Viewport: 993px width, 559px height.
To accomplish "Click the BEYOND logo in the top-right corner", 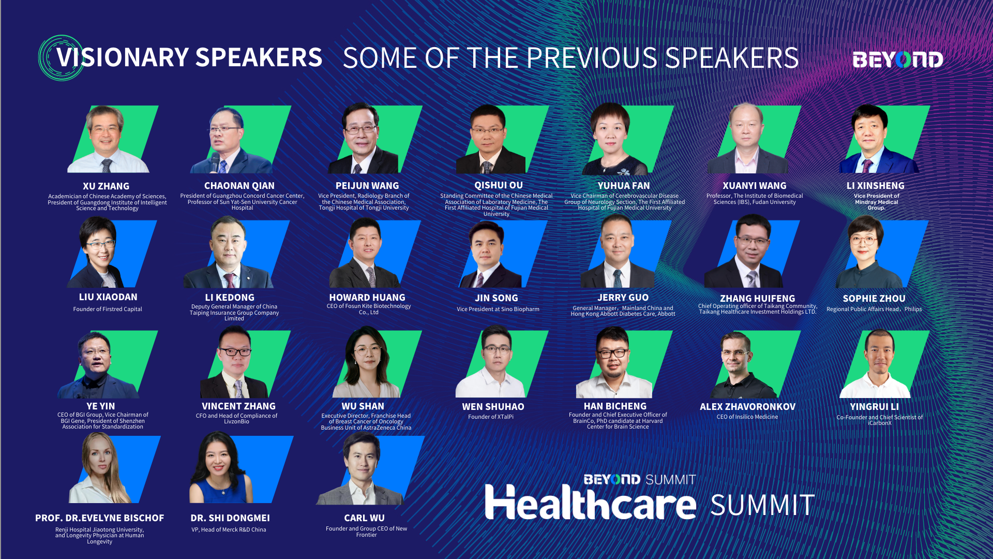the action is (x=898, y=60).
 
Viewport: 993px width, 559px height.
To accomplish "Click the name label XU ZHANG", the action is (x=106, y=186).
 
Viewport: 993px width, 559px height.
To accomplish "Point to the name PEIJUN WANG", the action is (x=367, y=186).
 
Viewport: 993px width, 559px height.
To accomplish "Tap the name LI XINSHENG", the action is (x=876, y=186).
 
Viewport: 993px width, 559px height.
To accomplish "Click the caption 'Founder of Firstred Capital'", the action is (x=108, y=309).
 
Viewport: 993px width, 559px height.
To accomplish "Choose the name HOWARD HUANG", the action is (x=367, y=298).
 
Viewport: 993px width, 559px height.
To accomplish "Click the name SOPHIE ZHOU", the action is (x=874, y=299).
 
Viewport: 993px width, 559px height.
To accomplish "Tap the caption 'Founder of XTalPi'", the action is (x=491, y=417).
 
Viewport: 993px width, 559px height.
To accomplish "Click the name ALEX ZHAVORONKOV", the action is (x=748, y=407).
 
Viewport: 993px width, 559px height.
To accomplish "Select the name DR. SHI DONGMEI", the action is (x=230, y=518).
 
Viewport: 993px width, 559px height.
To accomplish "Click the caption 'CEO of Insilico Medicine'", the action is (x=747, y=417).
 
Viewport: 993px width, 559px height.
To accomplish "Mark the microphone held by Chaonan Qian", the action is (x=214, y=161).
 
